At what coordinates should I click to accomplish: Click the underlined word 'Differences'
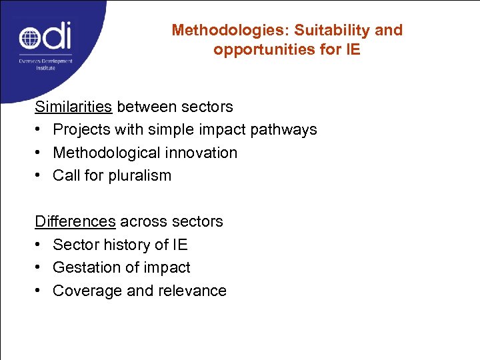coord(75,221)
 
